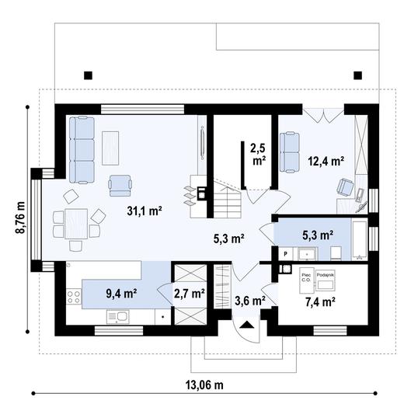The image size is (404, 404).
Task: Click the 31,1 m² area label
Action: pyautogui.click(x=145, y=211)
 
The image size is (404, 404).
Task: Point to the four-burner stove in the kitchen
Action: pyautogui.click(x=75, y=297)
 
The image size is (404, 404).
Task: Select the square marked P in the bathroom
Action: pyautogui.click(x=285, y=253)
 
